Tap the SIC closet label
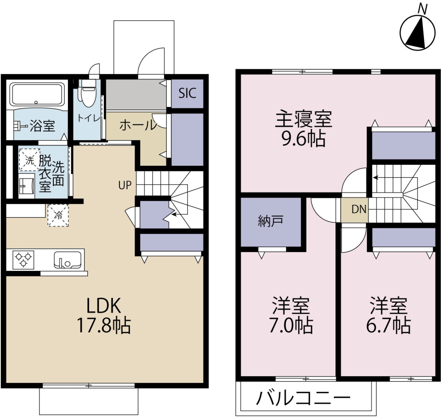click(187, 94)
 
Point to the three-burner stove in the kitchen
click(22, 260)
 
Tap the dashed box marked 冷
click(58, 214)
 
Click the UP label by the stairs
click(124, 186)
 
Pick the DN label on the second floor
click(359, 209)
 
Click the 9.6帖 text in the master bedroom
click(304, 138)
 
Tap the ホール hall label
click(136, 125)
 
